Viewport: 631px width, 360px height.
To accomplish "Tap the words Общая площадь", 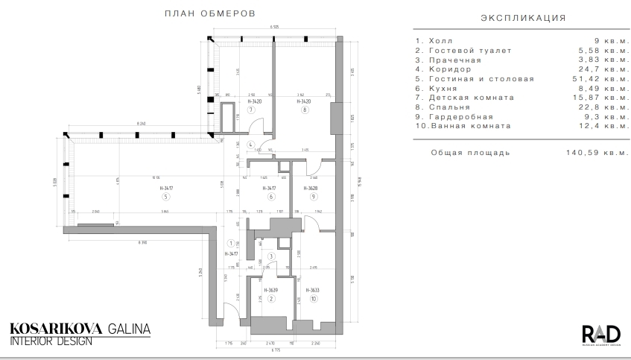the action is coord(470,153).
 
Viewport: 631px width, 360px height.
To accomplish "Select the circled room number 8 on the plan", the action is coord(304,110).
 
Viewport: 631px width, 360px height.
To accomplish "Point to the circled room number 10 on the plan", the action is coord(314,299).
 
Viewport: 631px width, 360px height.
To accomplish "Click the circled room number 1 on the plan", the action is coord(232,244).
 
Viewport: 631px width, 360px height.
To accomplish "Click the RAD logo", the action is coord(598,334).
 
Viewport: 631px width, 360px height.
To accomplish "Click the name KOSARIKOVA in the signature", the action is coord(48,329).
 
